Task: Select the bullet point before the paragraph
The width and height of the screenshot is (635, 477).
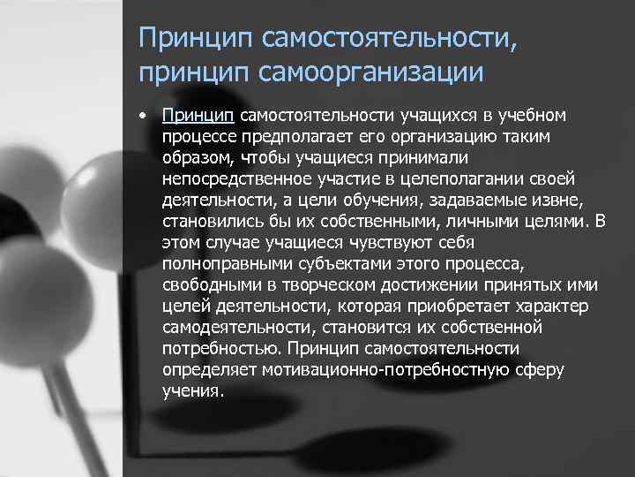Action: pos(144,117)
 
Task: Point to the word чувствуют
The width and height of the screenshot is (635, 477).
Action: pos(366,239)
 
